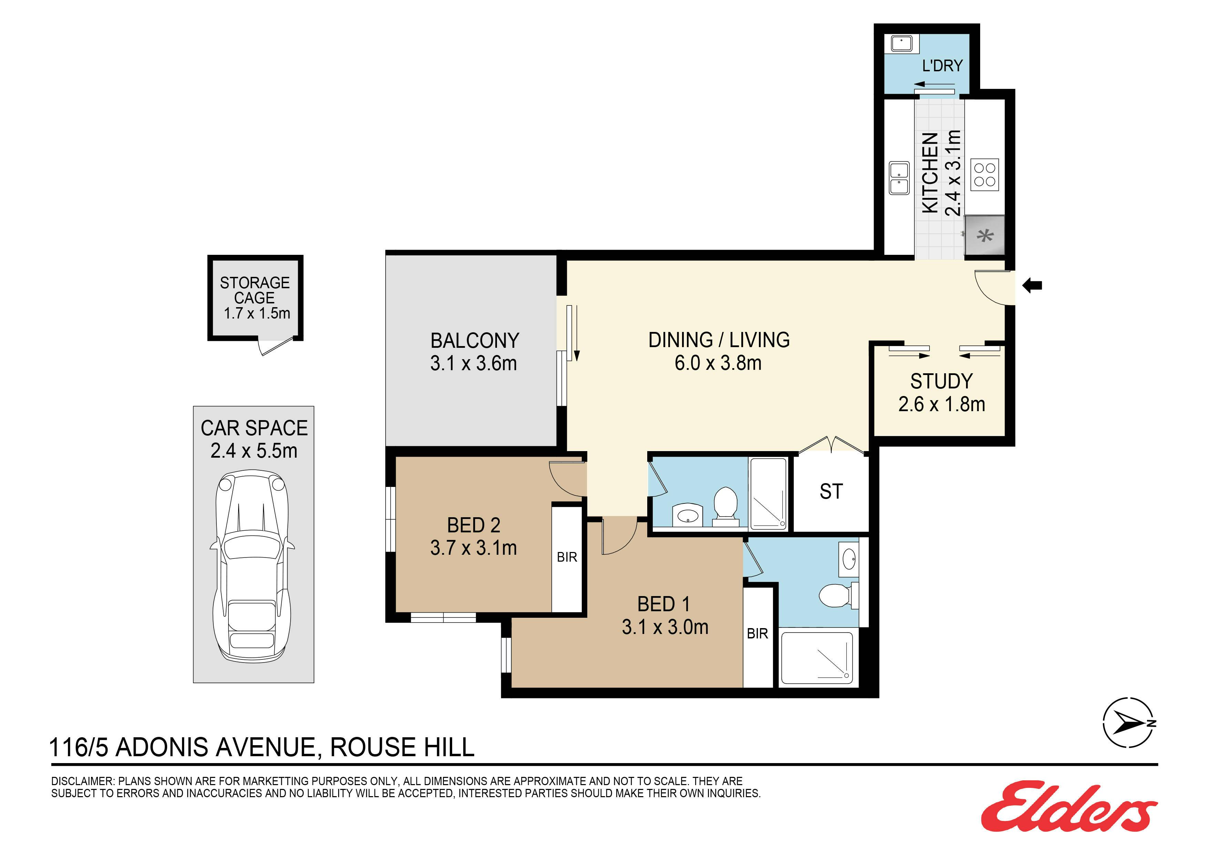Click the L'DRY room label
[942, 66]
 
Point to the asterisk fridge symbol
[985, 236]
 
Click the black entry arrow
[1032, 286]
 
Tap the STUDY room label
[942, 381]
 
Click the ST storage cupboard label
[831, 491]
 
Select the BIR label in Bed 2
[567, 557]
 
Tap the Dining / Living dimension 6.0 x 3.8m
[718, 363]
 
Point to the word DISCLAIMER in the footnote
[82, 781]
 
